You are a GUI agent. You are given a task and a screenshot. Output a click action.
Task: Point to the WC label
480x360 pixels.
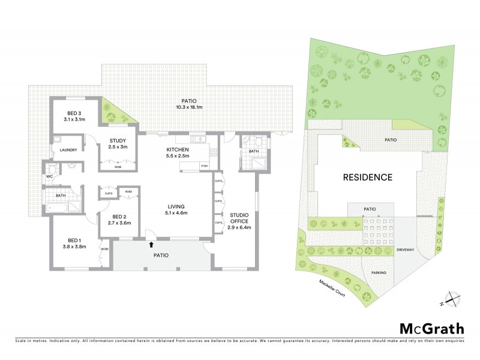[x=50, y=177]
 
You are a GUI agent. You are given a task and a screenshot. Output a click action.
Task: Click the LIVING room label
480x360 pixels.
[x=178, y=208]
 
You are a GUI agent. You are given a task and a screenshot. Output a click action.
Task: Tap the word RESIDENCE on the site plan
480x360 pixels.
[x=368, y=177]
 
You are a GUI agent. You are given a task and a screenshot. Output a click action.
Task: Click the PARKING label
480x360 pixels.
[x=378, y=273]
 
